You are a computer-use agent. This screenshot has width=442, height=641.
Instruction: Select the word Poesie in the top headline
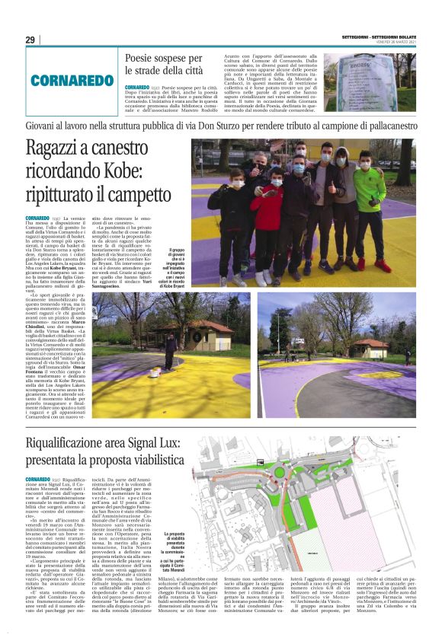[141, 58]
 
